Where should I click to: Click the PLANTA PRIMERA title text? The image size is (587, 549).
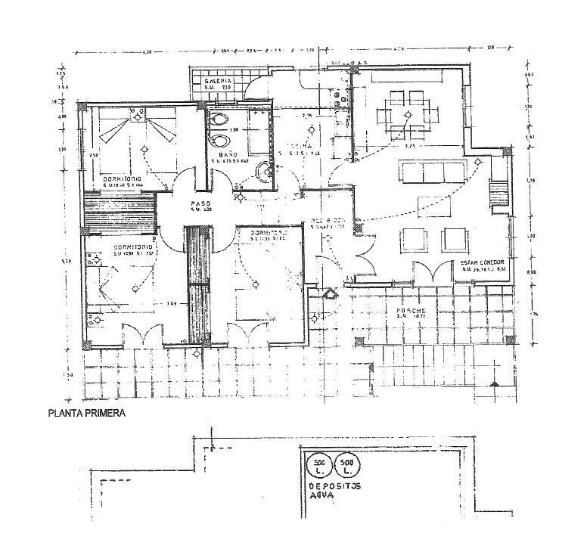86,414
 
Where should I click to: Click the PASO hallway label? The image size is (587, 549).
200,204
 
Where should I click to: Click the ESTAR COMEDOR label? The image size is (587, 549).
481,264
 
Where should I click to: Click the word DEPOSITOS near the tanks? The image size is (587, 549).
334,486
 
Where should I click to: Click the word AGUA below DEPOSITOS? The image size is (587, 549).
322,497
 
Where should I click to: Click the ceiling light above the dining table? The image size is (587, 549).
408,115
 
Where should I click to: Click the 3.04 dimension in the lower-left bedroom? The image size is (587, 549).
173,305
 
